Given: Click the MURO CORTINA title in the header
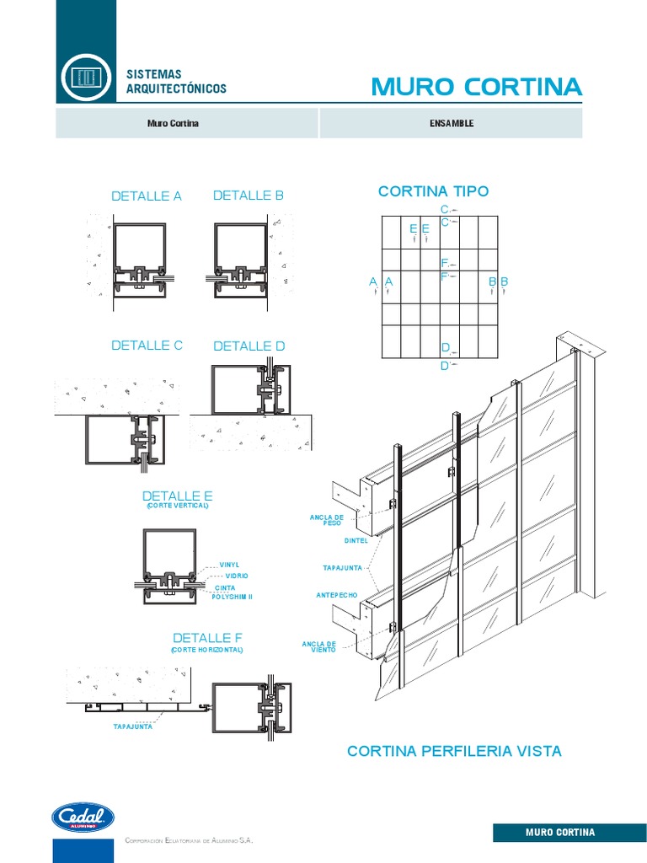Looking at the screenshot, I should pyautogui.click(x=476, y=87).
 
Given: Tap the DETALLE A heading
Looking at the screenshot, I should pyautogui.click(x=147, y=196).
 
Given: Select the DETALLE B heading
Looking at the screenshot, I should pyautogui.click(x=249, y=196).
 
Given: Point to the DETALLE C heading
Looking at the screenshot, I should pyautogui.click(x=147, y=346).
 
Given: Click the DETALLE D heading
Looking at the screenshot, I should pyautogui.click(x=249, y=346).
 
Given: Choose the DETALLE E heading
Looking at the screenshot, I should pyautogui.click(x=178, y=496).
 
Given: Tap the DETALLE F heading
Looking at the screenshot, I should pyautogui.click(x=207, y=638).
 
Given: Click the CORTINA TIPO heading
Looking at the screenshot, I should pyautogui.click(x=433, y=191).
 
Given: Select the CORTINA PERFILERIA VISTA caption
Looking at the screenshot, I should pyautogui.click(x=454, y=751).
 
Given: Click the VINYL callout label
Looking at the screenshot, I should pyautogui.click(x=230, y=565).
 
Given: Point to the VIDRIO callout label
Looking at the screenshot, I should pyautogui.click(x=237, y=576).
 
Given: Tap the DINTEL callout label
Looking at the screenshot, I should pyautogui.click(x=356, y=541).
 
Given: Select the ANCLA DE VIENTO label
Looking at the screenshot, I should pyautogui.click(x=318, y=647).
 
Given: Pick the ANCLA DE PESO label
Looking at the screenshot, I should pyautogui.click(x=327, y=520).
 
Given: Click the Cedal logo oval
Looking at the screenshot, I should pyautogui.click(x=83, y=817).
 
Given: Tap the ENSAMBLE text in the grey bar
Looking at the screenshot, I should pyautogui.click(x=452, y=124).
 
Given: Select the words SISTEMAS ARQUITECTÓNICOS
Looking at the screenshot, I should pyautogui.click(x=176, y=82).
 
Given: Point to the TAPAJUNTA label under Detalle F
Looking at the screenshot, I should pyautogui.click(x=133, y=726).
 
